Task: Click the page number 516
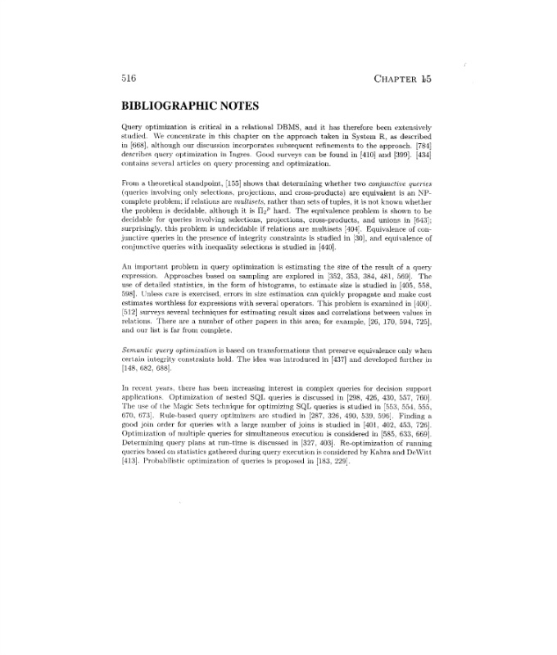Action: pyautogui.click(x=127, y=79)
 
